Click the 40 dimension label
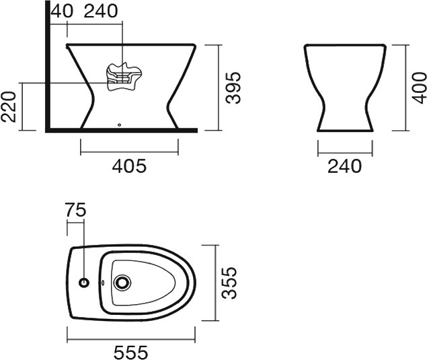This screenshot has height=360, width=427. point(62,11)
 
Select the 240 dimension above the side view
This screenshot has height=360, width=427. point(101,11)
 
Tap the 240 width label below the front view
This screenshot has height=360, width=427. point(344,166)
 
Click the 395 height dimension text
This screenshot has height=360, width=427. point(233,87)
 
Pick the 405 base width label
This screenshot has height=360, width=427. point(129,166)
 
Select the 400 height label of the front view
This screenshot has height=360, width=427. point(419,87)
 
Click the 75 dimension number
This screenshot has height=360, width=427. point(75,209)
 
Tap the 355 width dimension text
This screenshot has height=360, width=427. point(229,283)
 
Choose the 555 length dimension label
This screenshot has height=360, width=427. point(130,353)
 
